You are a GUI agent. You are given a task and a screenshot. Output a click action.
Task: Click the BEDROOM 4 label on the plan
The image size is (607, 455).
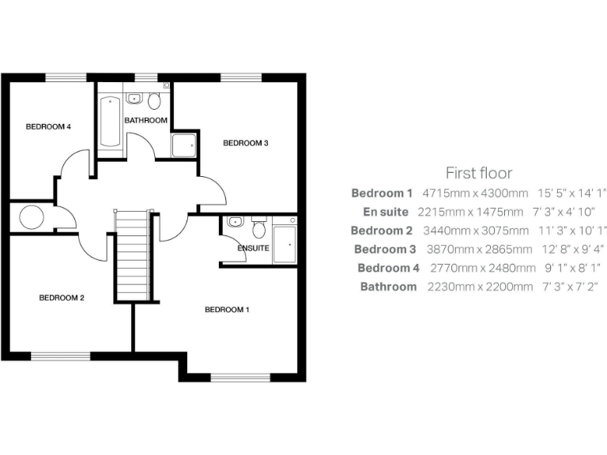pos(48,126)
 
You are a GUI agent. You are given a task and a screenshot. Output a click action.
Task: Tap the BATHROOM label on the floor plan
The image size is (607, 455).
pos(145,120)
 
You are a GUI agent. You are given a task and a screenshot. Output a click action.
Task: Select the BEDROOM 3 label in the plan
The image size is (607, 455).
pos(246,143)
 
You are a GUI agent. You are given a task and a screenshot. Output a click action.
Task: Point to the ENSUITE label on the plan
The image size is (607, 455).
pos(253,248)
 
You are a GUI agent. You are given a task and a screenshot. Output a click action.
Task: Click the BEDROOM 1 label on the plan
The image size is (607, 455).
pos(227,310)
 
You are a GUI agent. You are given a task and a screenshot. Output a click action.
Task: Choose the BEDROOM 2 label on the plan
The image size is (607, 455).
pos(62,298)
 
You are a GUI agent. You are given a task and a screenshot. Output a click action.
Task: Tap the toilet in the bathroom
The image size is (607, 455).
pos(153,100)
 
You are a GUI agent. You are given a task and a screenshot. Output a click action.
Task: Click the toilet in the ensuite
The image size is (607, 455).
pos(258,229)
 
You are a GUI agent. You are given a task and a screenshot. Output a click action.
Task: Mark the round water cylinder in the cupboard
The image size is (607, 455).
pos(32,217)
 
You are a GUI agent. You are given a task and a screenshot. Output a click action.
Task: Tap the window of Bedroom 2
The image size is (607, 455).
pos(61,356)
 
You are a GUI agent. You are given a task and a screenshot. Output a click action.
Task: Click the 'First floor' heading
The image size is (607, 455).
pos(478,173)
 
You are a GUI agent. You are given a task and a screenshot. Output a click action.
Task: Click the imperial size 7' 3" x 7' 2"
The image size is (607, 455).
pos(571,287)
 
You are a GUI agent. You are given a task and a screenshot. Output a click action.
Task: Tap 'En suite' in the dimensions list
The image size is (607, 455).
pos(386,212)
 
